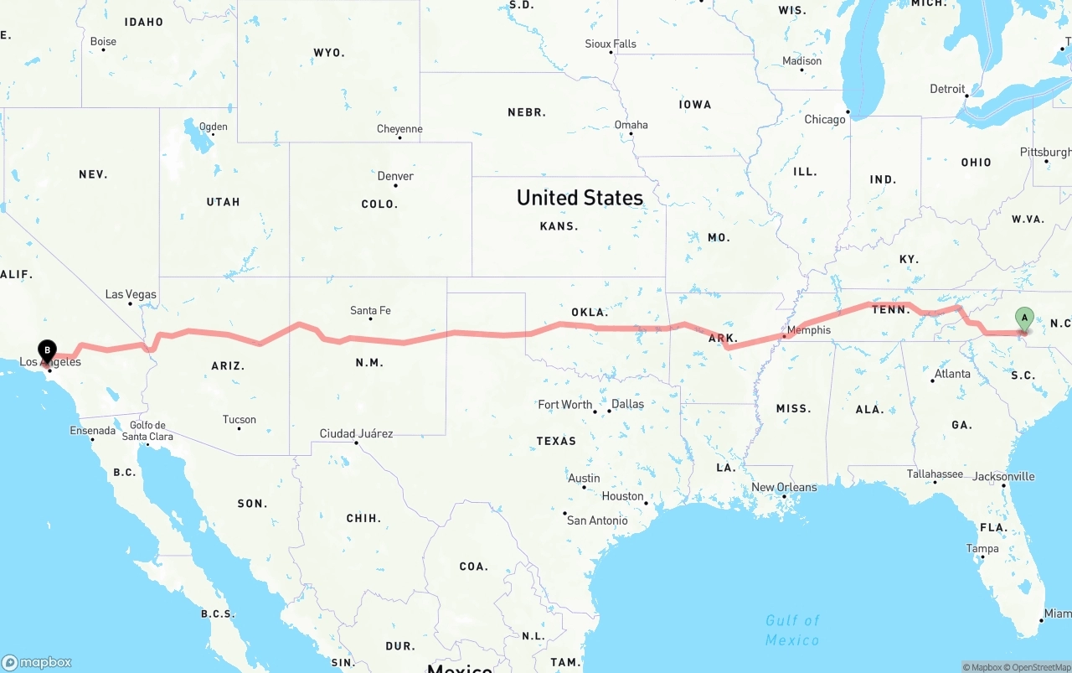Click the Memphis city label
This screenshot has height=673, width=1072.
(809, 330)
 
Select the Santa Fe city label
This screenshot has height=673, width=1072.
(370, 311)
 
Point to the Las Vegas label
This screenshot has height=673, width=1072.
(131, 294)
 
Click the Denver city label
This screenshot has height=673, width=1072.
(395, 176)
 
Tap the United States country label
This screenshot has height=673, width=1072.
(580, 198)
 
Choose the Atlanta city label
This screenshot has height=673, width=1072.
(953, 374)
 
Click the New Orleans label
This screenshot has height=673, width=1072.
(784, 487)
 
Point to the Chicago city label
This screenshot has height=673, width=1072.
(825, 120)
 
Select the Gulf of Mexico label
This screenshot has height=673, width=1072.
(792, 630)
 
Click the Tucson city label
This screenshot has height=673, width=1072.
(240, 420)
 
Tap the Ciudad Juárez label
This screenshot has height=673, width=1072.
(356, 434)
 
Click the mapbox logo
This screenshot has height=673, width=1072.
(37, 662)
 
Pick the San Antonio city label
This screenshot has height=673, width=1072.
(597, 520)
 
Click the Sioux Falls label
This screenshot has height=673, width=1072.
(611, 44)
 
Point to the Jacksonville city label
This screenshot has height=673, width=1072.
(1003, 477)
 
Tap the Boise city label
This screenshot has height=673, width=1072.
(103, 41)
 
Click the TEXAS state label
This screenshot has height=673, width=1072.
(556, 441)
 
